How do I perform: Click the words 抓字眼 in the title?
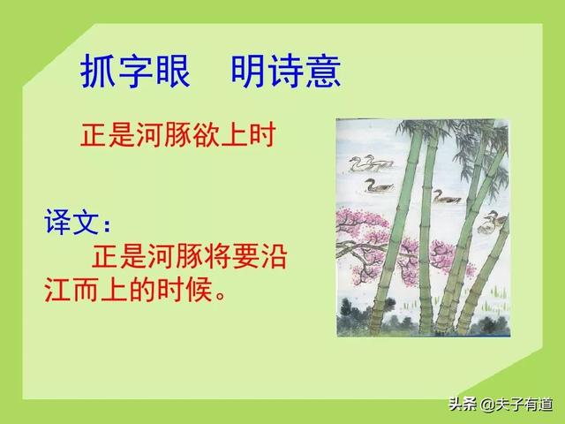(x=135, y=72)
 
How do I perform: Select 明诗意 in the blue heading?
(x=286, y=72)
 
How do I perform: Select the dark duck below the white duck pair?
(x=380, y=186)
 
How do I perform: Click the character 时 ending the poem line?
(x=264, y=136)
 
